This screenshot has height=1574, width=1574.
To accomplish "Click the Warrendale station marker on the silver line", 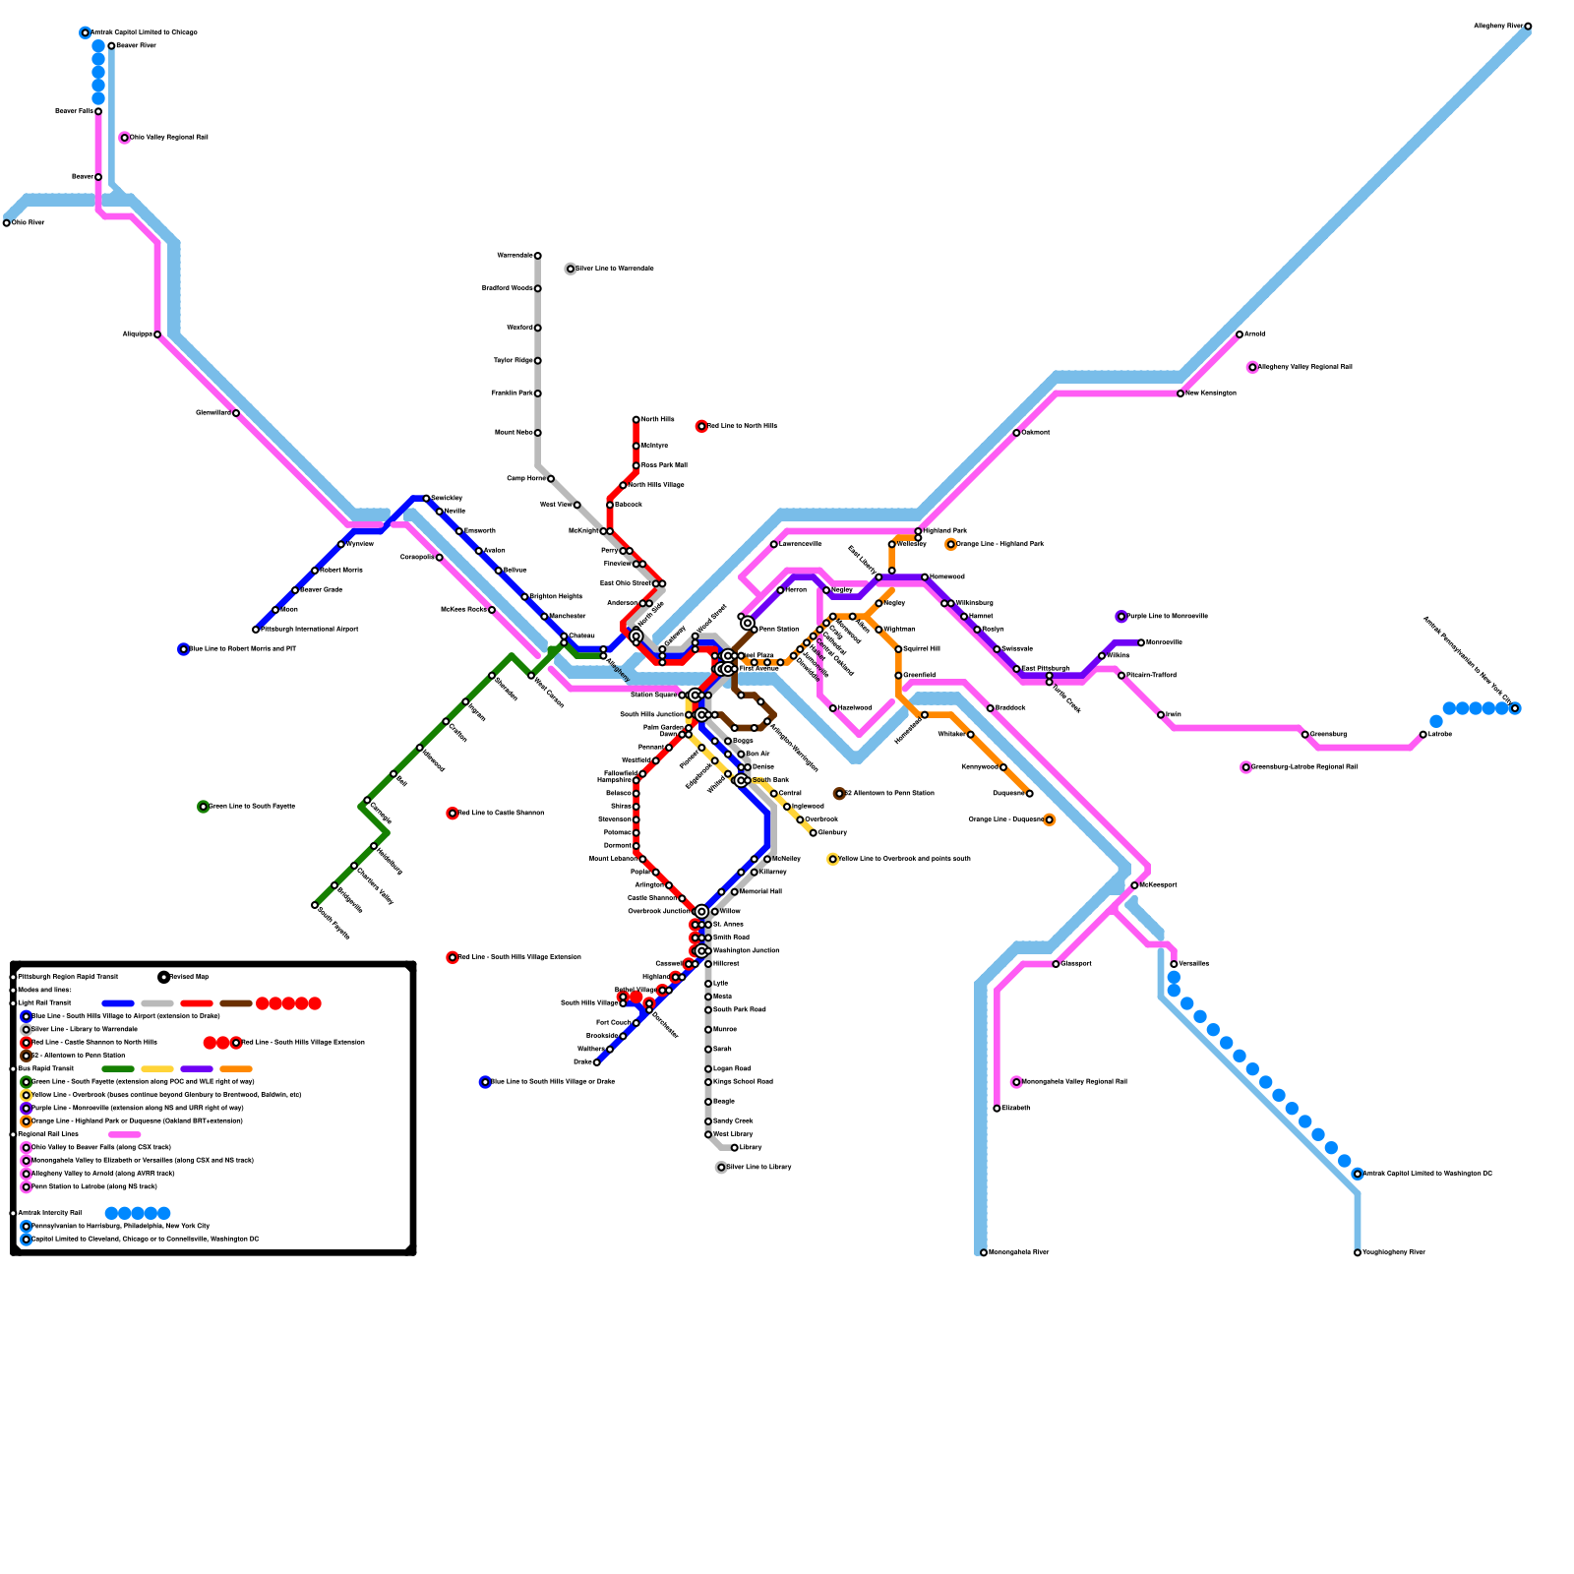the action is pyautogui.click(x=538, y=256).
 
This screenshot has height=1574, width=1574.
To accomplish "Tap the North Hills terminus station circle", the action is pyautogui.click(x=636, y=420).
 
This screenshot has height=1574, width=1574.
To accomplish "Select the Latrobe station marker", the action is pyautogui.click(x=1423, y=735).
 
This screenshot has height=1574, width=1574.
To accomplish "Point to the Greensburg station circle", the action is pyautogui.click(x=1305, y=735).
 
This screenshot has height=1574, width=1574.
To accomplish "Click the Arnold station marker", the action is pyautogui.click(x=1240, y=334).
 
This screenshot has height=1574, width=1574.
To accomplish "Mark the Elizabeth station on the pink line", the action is pyautogui.click(x=998, y=1109).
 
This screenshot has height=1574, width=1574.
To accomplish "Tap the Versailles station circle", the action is pyautogui.click(x=1174, y=964).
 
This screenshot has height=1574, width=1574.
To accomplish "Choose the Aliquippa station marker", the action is pyautogui.click(x=157, y=334).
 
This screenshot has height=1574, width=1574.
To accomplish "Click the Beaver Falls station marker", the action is pyautogui.click(x=98, y=111).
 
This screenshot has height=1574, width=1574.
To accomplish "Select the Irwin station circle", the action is pyautogui.click(x=1161, y=715).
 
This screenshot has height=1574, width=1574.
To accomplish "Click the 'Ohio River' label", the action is pyautogui.click(x=29, y=223).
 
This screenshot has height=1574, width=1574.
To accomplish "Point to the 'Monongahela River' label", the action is pyautogui.click(x=1020, y=1252).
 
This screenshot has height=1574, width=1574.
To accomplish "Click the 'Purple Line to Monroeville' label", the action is pyautogui.click(x=1168, y=617).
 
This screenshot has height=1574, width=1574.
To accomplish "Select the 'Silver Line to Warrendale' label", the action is pyautogui.click(x=615, y=269).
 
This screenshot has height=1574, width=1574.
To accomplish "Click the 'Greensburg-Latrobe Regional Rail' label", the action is pyautogui.click(x=1304, y=767).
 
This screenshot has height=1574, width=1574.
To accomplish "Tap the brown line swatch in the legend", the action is pyautogui.click(x=236, y=1003).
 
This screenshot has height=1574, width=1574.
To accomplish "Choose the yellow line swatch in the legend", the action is pyautogui.click(x=157, y=1069).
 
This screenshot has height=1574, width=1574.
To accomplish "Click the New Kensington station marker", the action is pyautogui.click(x=1180, y=393).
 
